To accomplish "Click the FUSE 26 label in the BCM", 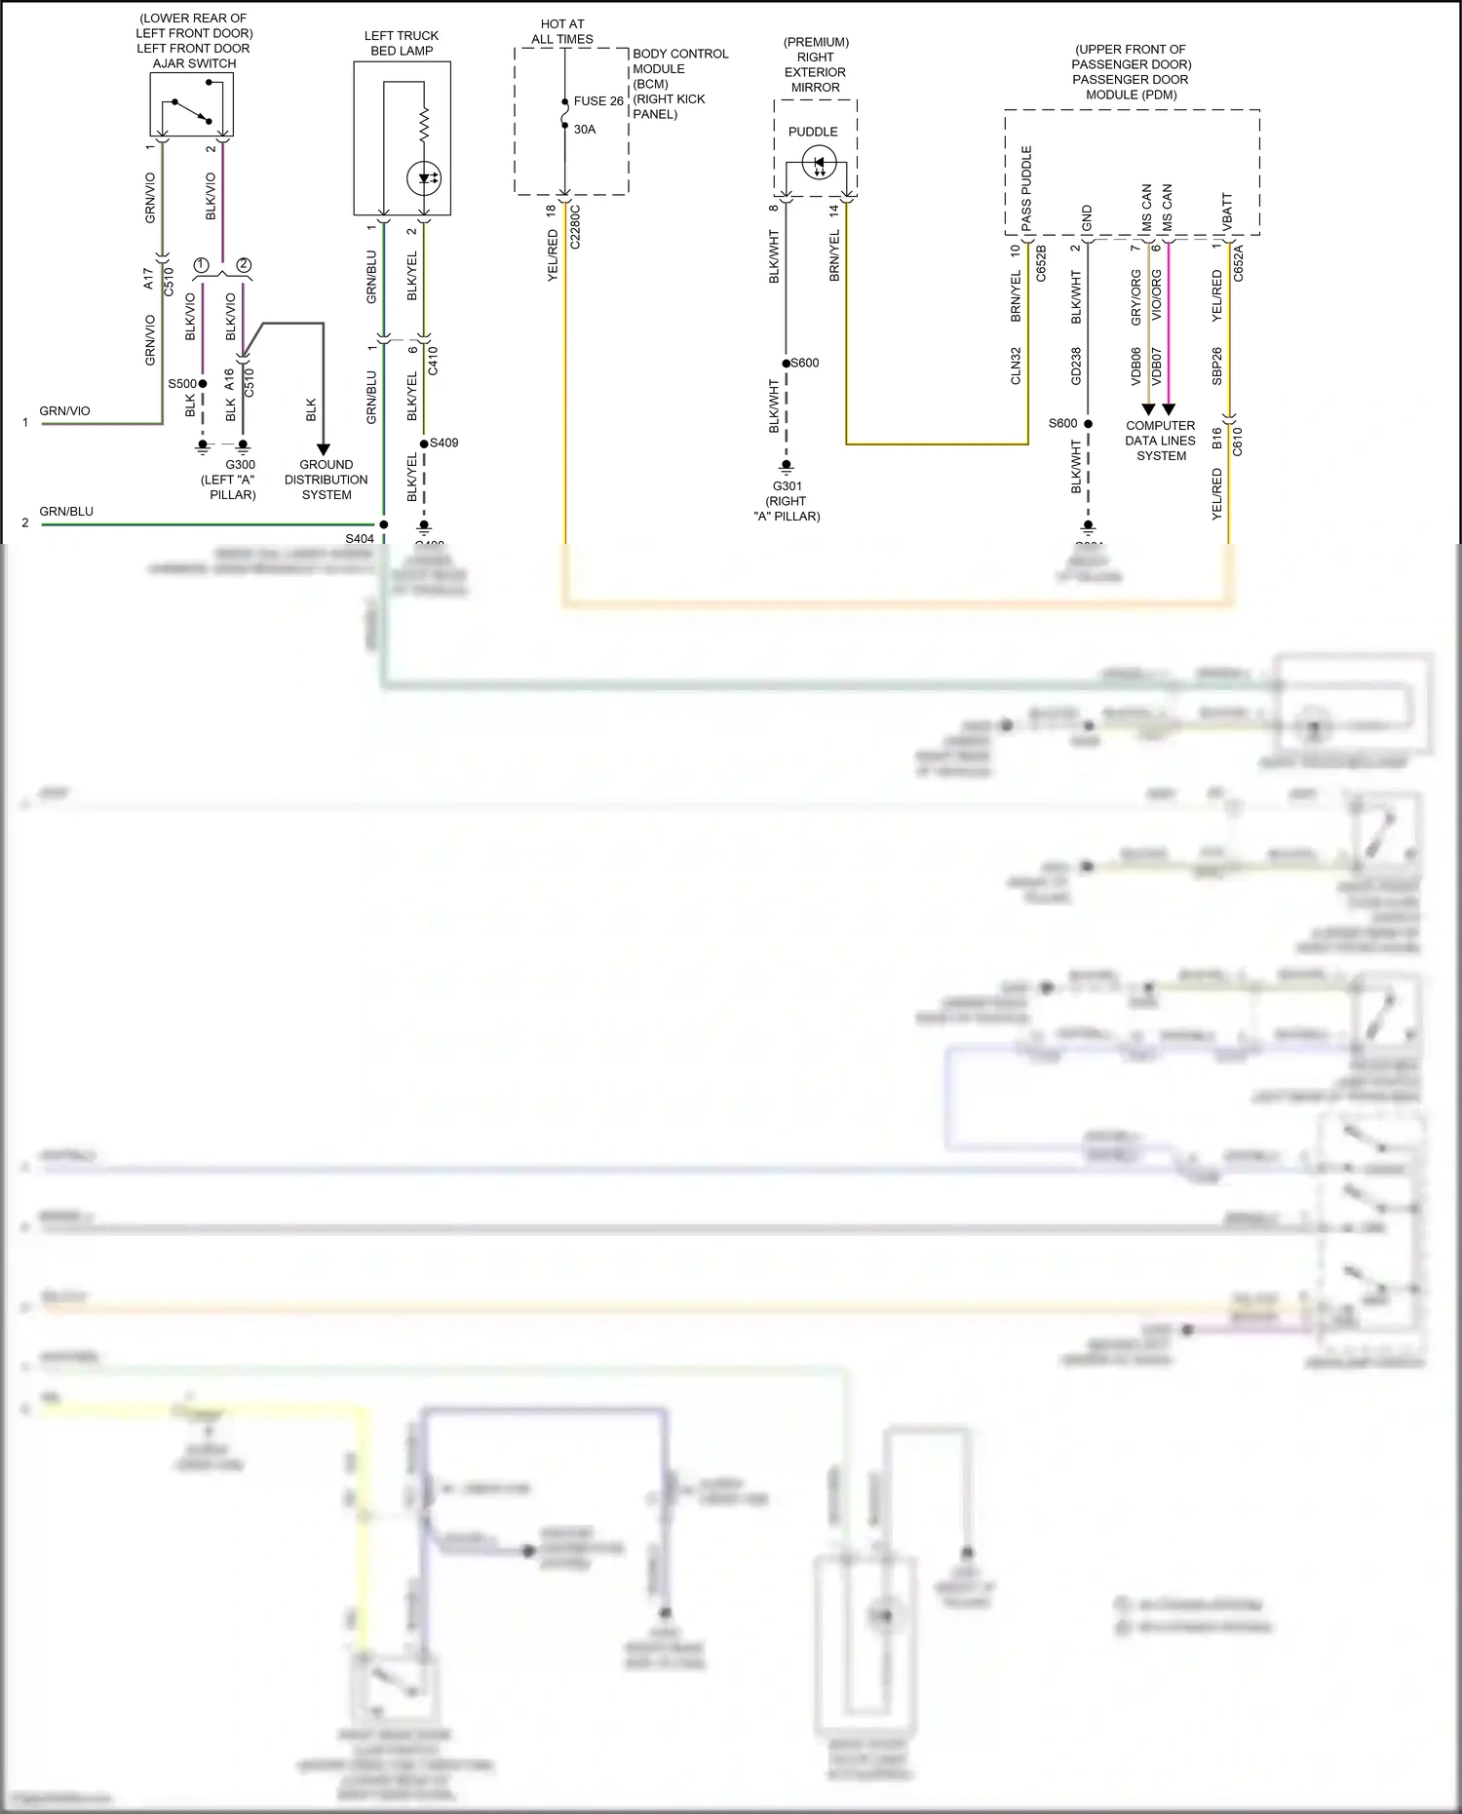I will [x=597, y=101].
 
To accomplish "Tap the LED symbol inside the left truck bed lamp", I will [x=425, y=178].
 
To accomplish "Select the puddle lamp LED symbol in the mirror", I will [x=819, y=164].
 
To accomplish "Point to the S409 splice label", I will [x=444, y=443].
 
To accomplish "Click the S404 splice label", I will [x=359, y=538].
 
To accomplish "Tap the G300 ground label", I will [x=240, y=465].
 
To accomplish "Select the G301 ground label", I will [x=787, y=486].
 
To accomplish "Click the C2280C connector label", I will [x=575, y=226].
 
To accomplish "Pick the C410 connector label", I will [x=433, y=361].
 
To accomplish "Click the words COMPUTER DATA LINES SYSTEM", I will [x=1160, y=441].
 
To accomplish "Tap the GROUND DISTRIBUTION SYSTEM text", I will [x=326, y=480].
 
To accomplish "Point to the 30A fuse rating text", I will [x=585, y=130].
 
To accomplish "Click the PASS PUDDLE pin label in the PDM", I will [x=1026, y=188].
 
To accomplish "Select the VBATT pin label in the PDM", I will [x=1227, y=212].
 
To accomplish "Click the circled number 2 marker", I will [x=244, y=265].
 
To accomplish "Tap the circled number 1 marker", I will [x=202, y=265].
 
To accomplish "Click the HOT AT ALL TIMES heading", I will [x=562, y=31].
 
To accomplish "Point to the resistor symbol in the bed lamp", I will [x=425, y=125].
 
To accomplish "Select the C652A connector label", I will [x=1238, y=263].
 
